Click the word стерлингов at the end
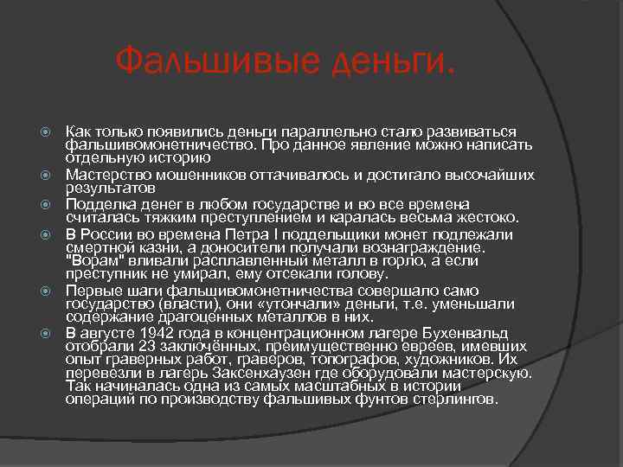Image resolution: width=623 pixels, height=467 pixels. click(459, 401)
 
